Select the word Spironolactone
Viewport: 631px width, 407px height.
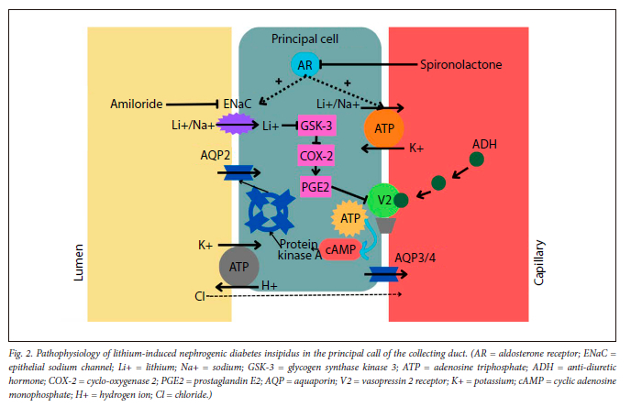[464, 65]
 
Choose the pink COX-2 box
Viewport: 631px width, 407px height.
[315, 157]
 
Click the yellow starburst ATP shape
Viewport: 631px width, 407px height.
[349, 218]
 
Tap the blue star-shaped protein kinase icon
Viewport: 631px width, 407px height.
[269, 210]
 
